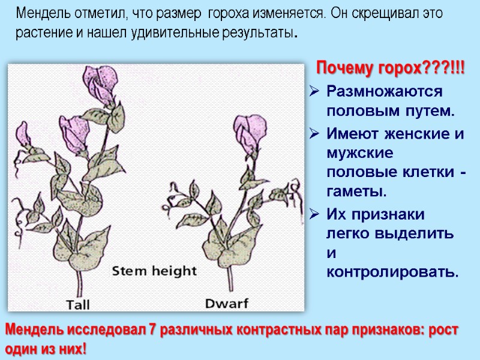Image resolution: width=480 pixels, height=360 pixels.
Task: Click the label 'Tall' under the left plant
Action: coord(78,304)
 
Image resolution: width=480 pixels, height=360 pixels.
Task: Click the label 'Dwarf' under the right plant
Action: coord(227,303)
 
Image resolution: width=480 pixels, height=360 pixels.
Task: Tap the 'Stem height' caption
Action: coord(155,271)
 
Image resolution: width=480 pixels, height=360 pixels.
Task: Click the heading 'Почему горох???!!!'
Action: coord(391,68)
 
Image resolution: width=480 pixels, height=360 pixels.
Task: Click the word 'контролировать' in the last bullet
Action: coord(392,273)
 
